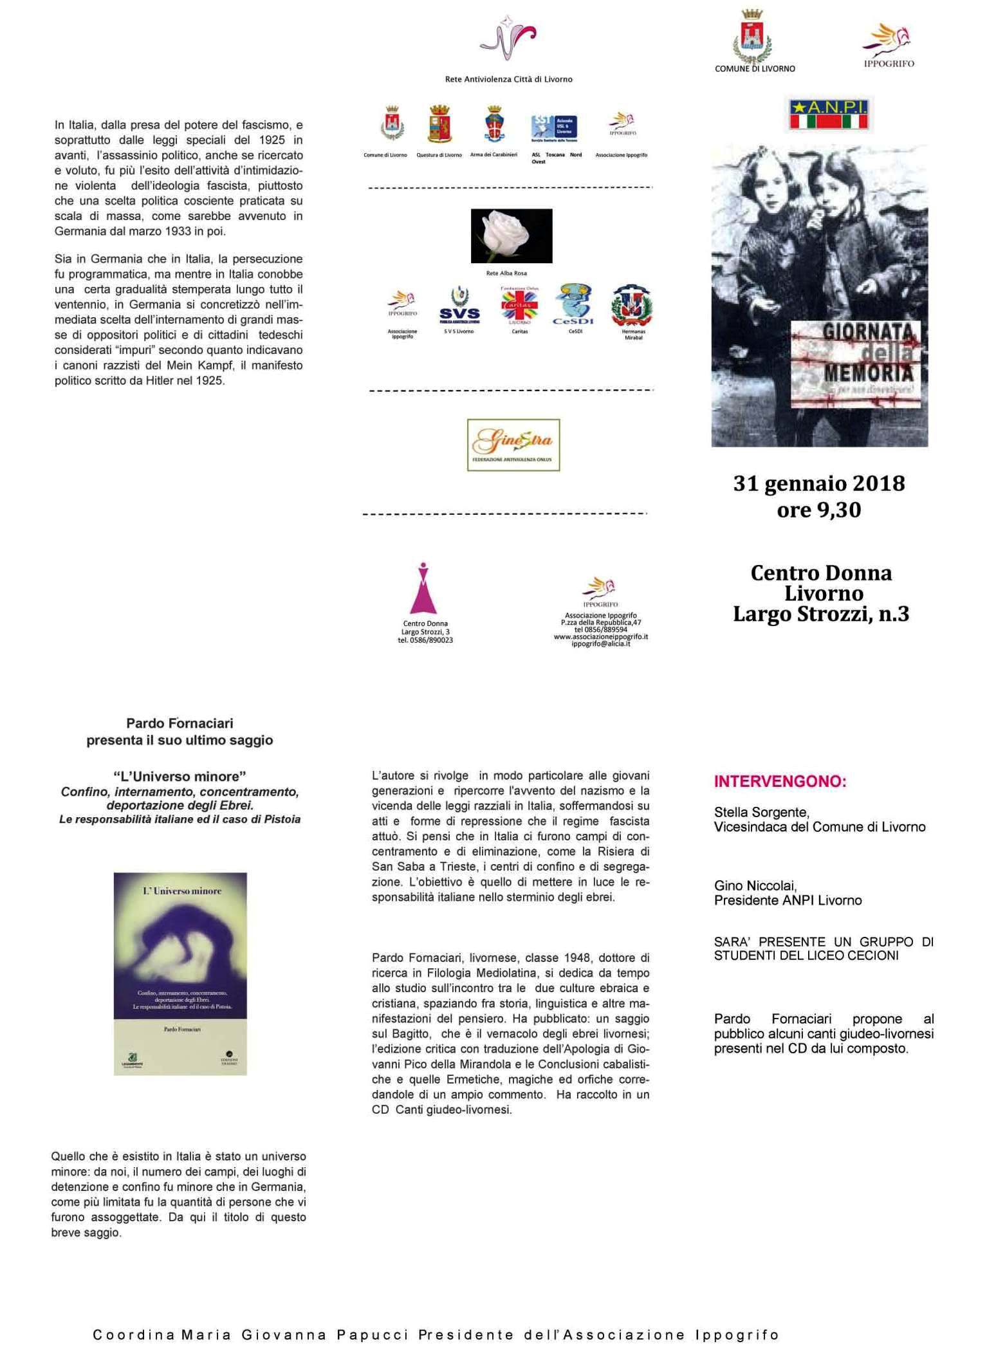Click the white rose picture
click(512, 235)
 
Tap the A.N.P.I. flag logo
click(828, 114)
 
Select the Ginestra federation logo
click(513, 445)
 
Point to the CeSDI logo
click(573, 304)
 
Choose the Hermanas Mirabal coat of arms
click(632, 307)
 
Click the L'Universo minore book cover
click(180, 973)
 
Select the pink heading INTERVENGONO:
click(780, 782)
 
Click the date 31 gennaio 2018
click(818, 483)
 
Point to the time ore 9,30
click(818, 510)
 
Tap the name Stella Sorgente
click(761, 812)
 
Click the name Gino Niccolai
click(755, 885)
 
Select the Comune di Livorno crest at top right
click(752, 37)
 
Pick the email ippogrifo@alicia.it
click(600, 643)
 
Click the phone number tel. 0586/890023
click(425, 640)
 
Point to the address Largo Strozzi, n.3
click(820, 614)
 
